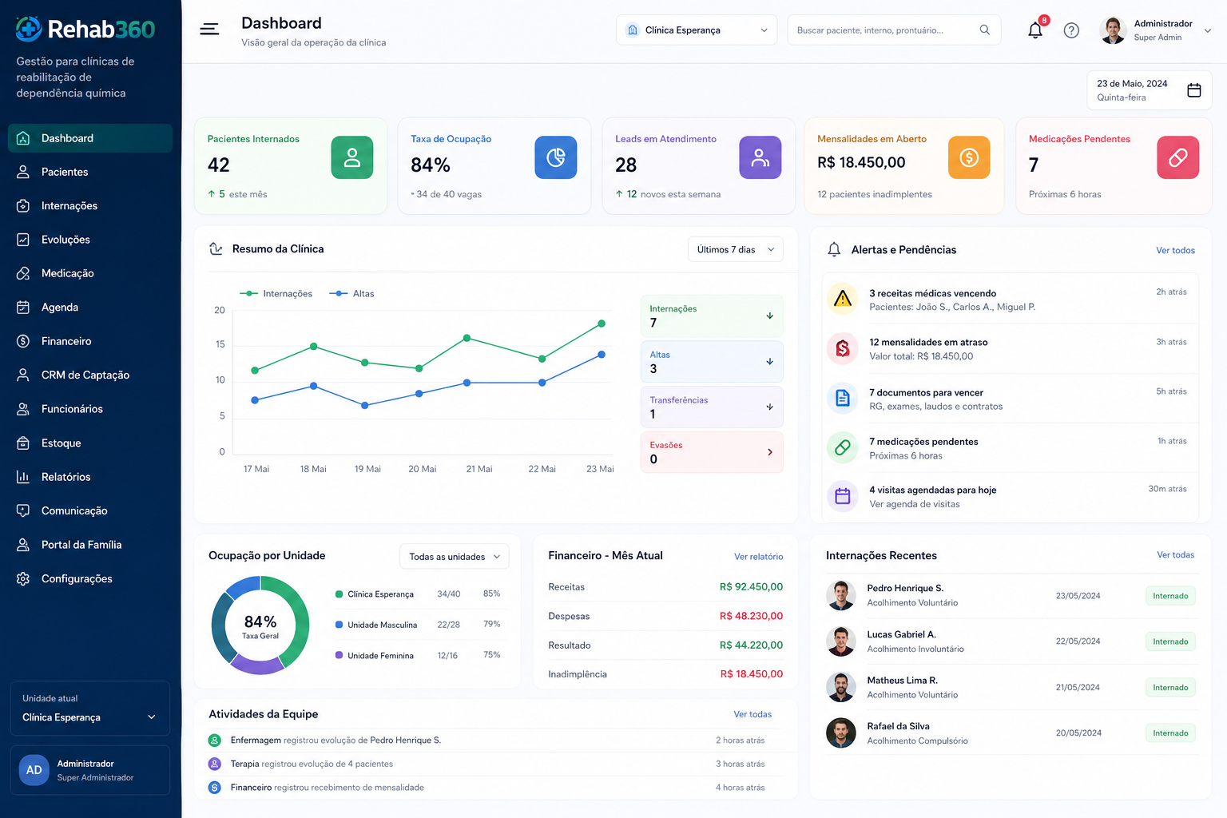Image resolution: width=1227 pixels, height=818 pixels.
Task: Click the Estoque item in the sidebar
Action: pos(61,443)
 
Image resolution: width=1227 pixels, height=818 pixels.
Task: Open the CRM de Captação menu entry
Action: pos(85,375)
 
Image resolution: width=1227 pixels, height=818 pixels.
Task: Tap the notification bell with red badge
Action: pos(1035,30)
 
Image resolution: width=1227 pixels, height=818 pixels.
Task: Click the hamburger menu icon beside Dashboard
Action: pos(209,29)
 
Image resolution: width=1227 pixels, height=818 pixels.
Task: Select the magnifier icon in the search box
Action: pos(984,30)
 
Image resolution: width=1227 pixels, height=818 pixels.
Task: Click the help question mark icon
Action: pos(1071,30)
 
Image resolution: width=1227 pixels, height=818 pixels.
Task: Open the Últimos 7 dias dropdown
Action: pos(735,249)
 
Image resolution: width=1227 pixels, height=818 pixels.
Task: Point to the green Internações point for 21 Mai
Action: pos(467,338)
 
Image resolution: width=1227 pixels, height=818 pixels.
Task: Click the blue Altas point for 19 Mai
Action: pos(365,406)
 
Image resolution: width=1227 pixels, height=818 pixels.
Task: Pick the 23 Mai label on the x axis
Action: pos(600,469)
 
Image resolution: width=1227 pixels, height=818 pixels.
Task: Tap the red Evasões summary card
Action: pos(712,452)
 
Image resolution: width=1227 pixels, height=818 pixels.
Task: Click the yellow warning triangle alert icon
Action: pos(843,299)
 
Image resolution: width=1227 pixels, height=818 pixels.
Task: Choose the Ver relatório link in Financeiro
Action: pos(758,557)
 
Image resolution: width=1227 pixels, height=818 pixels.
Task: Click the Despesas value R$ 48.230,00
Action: pos(751,616)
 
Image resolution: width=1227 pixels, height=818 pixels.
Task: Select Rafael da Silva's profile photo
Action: pos(841,733)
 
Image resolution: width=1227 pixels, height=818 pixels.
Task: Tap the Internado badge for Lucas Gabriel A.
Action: pos(1170,641)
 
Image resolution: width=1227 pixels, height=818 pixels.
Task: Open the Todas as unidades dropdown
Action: pos(454,557)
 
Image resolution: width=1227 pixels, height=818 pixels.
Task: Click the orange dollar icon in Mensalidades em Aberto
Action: pos(969,158)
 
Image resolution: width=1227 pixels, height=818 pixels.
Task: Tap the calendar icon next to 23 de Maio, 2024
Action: pos(1194,89)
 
